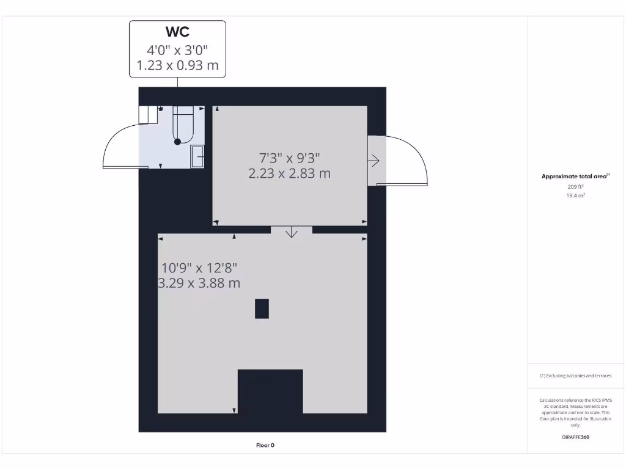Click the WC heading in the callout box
(177, 32)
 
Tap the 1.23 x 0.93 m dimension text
(177, 65)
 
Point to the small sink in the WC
(197, 156)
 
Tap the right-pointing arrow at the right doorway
(374, 161)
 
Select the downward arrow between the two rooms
(291, 231)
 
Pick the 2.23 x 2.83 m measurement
(289, 173)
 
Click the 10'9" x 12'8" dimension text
(199, 267)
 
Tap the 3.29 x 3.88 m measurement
(199, 283)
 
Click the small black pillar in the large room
(262, 308)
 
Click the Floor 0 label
(265, 445)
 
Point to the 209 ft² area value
(575, 186)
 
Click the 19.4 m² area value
(575, 195)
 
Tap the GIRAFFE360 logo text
(575, 437)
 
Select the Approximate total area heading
(574, 176)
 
